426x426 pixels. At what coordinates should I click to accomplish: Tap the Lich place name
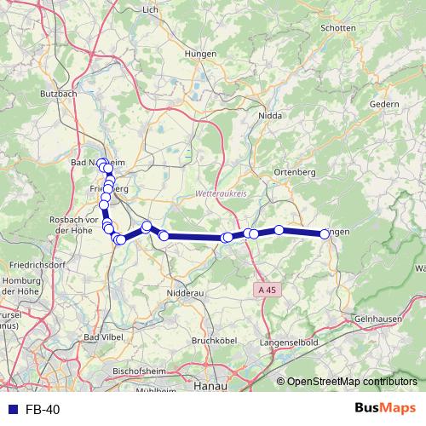pyautogui.click(x=151, y=9)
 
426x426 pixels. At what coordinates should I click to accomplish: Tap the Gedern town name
pyautogui.click(x=385, y=104)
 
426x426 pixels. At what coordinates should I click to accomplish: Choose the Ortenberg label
pyautogui.click(x=294, y=172)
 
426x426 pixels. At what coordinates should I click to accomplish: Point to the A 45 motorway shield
pyautogui.click(x=268, y=290)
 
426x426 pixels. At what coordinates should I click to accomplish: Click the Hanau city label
pyautogui.click(x=207, y=386)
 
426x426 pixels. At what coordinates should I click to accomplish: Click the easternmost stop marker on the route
pyautogui.click(x=325, y=233)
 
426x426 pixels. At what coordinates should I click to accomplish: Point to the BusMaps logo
pyautogui.click(x=385, y=409)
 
